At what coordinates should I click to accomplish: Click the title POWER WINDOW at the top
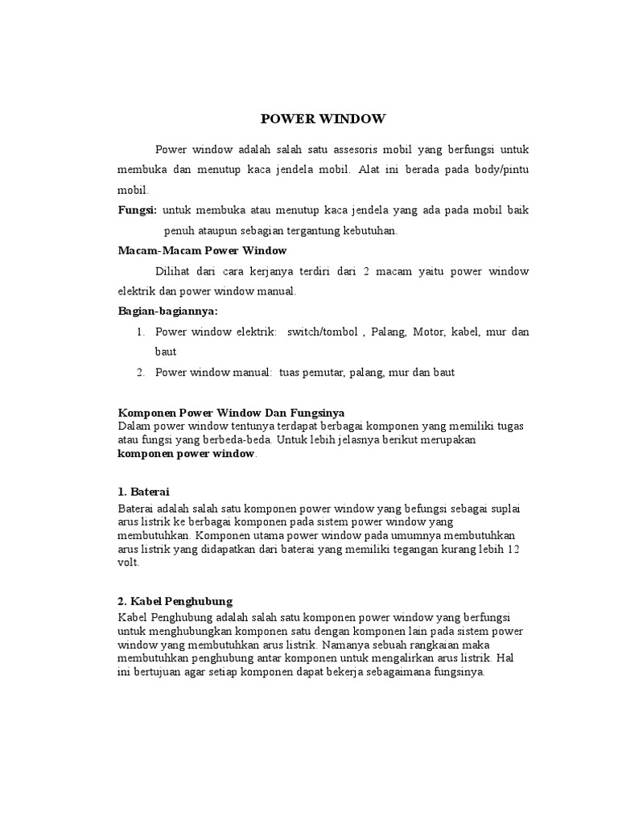[x=323, y=120]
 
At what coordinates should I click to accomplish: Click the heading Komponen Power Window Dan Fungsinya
[x=231, y=413]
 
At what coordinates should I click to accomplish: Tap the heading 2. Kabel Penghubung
[x=175, y=600]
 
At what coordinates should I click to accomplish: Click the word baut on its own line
[x=166, y=352]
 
